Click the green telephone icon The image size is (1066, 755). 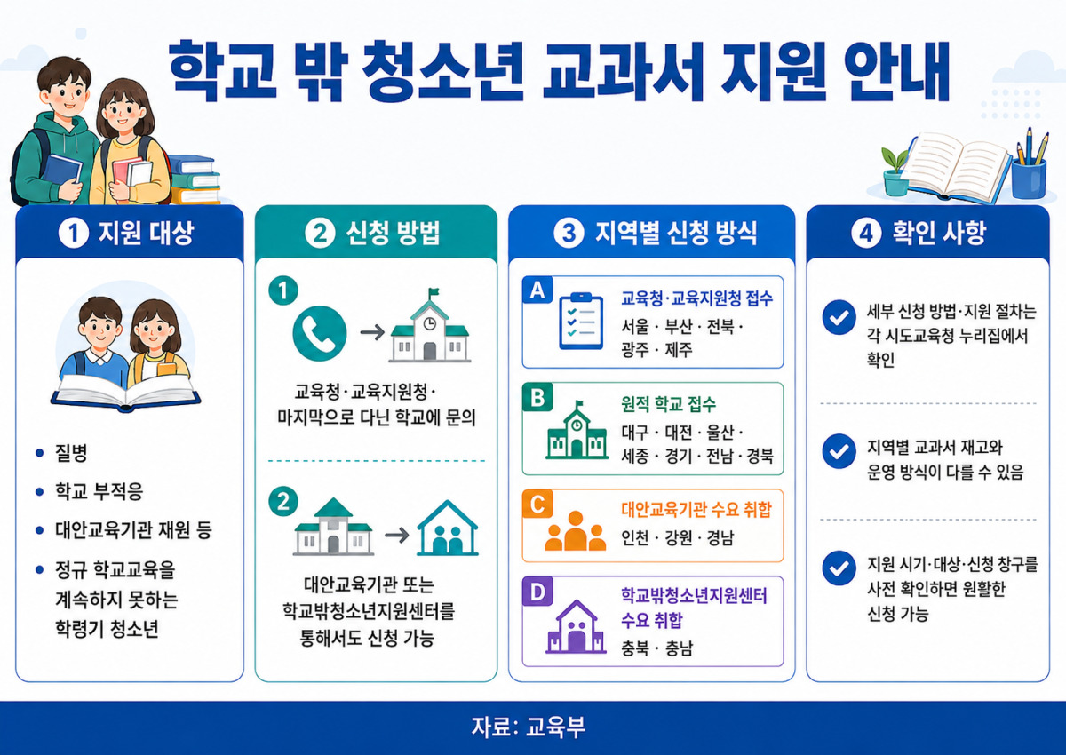coord(320,333)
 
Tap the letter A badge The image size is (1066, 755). coord(537,290)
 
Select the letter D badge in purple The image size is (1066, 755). coord(537,592)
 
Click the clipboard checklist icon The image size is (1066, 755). coord(581,322)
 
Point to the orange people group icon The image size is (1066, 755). coord(576,530)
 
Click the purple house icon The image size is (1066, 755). coord(576,626)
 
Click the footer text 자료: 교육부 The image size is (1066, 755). coord(529,727)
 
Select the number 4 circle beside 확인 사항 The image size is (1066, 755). coord(866,233)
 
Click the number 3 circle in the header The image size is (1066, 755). coord(569,233)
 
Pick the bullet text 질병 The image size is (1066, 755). coord(71,452)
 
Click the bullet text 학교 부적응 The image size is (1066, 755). coord(99,491)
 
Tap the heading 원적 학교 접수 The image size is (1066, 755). coord(668,404)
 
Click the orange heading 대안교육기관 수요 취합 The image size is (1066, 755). coord(696,510)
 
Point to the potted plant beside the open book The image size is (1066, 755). coord(895,171)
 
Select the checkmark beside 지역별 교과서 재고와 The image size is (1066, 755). coord(839,451)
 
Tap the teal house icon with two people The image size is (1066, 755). coord(447,528)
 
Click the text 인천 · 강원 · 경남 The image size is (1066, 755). coord(677,538)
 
